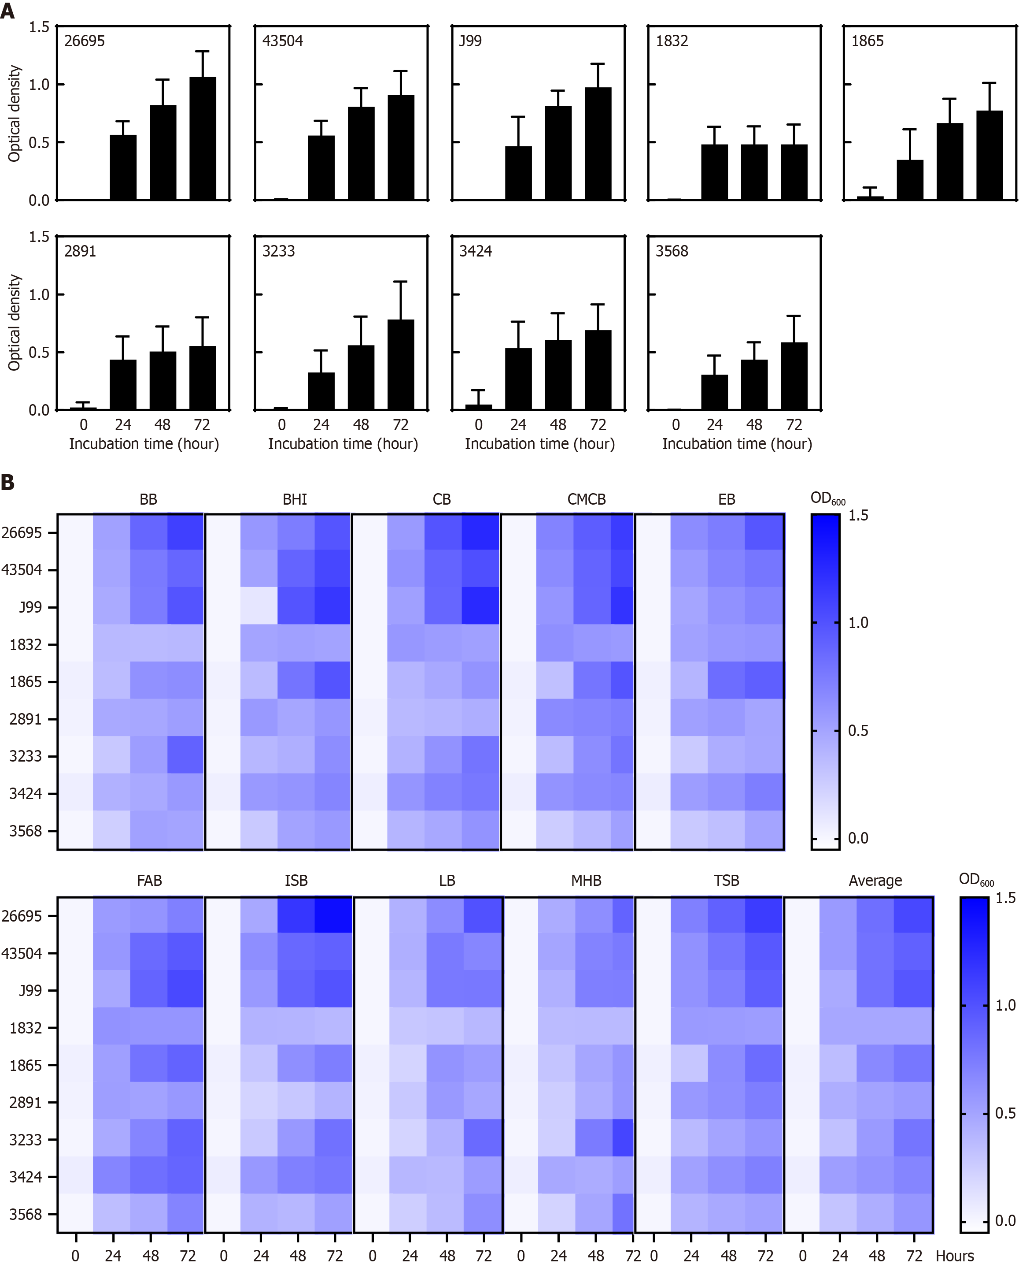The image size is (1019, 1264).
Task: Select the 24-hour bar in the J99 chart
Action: pyautogui.click(x=518, y=173)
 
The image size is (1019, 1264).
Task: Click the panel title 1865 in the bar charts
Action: pyautogui.click(x=867, y=41)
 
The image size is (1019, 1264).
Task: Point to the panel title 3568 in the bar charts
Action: pyautogui.click(x=672, y=251)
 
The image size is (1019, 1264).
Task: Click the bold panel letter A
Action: pyautogui.click(x=7, y=11)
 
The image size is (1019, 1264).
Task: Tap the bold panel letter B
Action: pyautogui.click(x=7, y=482)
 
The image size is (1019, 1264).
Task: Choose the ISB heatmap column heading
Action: pyautogui.click(x=296, y=881)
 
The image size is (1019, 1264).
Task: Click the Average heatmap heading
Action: pyautogui.click(x=875, y=881)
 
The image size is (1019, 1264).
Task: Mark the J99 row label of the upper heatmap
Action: pyautogui.click(x=30, y=607)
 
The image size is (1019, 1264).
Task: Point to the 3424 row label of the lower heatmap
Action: pyautogui.click(x=25, y=1176)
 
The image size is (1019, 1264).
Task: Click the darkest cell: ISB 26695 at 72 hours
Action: pyautogui.click(x=333, y=915)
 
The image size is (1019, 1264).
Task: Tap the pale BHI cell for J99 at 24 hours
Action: pyautogui.click(x=259, y=606)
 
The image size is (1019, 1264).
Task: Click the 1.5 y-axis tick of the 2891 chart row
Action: pyautogui.click(x=39, y=237)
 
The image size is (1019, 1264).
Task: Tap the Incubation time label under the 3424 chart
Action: pyautogui.click(x=539, y=444)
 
